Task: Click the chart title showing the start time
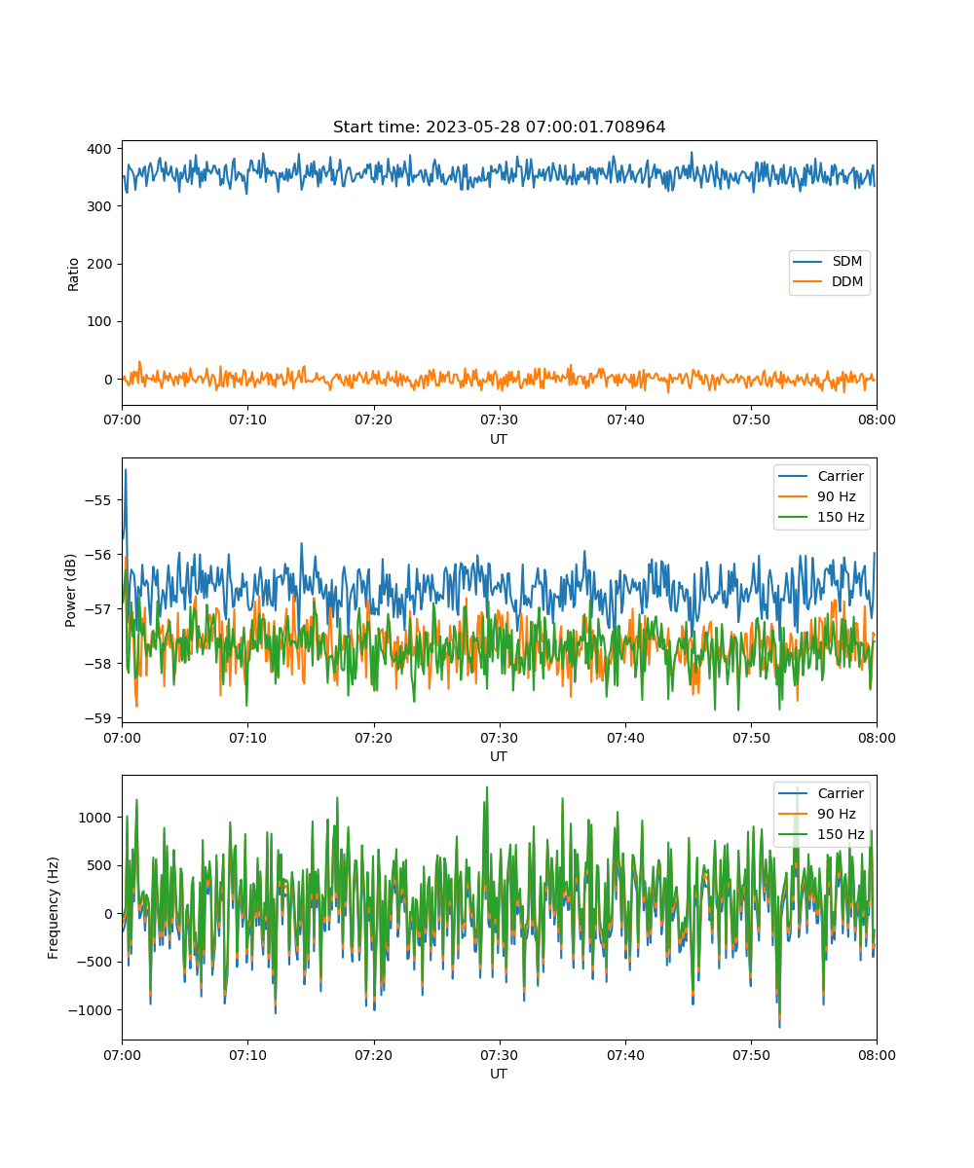(x=499, y=127)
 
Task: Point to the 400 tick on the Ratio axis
(x=99, y=149)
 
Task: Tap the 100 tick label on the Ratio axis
(x=99, y=321)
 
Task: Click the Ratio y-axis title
(x=73, y=274)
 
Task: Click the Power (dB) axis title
(x=70, y=590)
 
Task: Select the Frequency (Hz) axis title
(x=53, y=907)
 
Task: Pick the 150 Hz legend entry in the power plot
(x=821, y=517)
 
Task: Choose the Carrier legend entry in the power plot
(x=821, y=476)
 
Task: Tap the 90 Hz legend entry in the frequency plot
(x=817, y=814)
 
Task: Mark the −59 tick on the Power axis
(x=98, y=718)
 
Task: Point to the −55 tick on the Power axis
(x=98, y=500)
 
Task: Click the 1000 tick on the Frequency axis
(x=94, y=818)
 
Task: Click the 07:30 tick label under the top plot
(x=500, y=420)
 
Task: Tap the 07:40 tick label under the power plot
(x=625, y=738)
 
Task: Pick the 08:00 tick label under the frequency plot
(x=877, y=1055)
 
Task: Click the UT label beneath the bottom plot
(x=498, y=1074)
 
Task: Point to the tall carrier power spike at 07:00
(x=126, y=470)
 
